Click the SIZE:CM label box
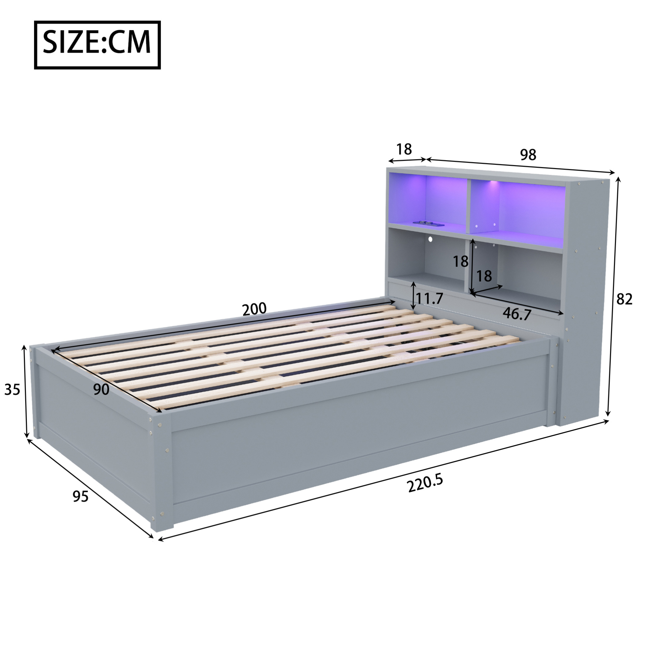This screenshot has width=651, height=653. (97, 45)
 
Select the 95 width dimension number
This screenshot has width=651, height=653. (81, 496)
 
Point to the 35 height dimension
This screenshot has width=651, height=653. (12, 390)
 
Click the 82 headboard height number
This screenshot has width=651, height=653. (624, 299)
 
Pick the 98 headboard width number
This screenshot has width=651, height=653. (528, 155)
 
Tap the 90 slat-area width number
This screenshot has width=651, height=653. (101, 390)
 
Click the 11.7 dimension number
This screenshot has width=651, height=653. (429, 299)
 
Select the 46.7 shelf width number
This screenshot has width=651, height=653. (517, 313)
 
